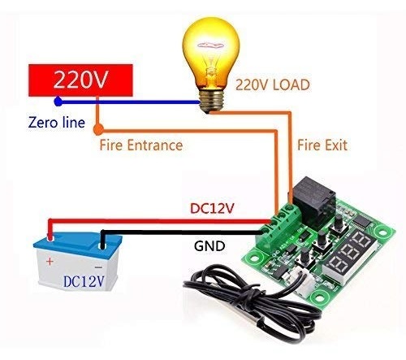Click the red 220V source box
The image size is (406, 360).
[80, 80]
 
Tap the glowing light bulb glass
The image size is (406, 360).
[210, 51]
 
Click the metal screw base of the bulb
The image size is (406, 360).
[212, 102]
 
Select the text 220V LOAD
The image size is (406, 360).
[273, 85]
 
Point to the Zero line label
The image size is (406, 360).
[57, 122]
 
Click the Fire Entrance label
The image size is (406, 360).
[141, 145]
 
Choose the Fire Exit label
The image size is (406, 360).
[322, 145]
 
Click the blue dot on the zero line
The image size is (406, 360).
[58, 102]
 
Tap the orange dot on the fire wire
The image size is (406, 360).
[98, 130]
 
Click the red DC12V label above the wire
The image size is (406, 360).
[212, 209]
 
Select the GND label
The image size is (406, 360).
[209, 246]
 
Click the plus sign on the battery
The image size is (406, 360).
[50, 262]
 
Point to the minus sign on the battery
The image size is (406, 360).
[98, 267]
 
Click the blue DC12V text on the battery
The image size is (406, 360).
[84, 281]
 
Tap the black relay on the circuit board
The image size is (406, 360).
[314, 197]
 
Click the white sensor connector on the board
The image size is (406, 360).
[304, 284]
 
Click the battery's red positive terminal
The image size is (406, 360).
[50, 237]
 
